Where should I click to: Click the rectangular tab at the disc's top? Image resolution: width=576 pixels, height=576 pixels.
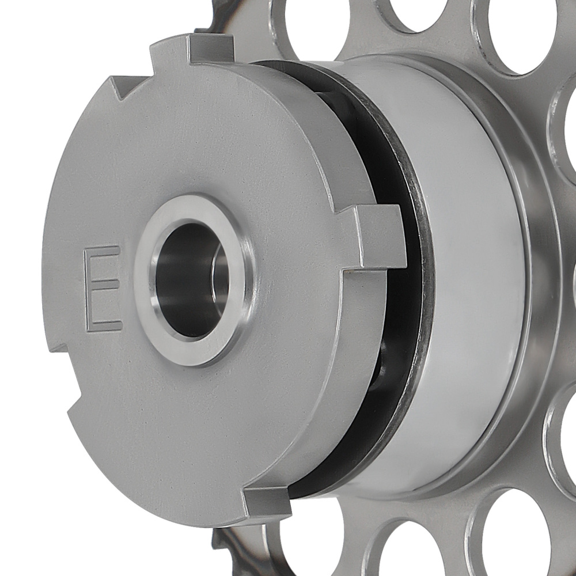(x=210, y=49)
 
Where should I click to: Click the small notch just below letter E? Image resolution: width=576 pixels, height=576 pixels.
(x=58, y=347)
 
